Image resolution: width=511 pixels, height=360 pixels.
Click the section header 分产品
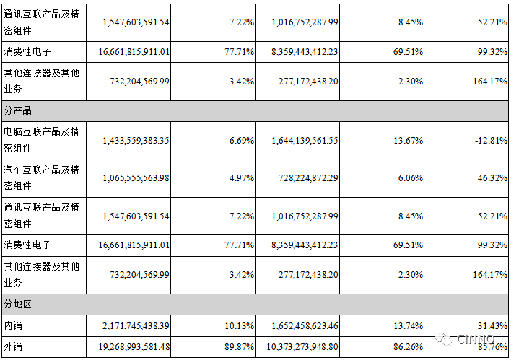(x=18, y=111)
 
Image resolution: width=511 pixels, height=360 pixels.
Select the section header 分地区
(x=18, y=304)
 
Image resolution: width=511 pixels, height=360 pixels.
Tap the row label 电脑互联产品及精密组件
(x=41, y=140)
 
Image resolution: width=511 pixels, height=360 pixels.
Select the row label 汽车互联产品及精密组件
(x=41, y=177)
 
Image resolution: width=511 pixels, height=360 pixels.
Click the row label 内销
(x=13, y=326)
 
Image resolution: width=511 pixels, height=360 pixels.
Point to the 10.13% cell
(x=239, y=326)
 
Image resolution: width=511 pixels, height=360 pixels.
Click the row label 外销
(x=13, y=347)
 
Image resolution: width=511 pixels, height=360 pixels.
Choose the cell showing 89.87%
(x=239, y=347)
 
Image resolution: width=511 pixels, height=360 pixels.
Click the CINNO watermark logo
(x=469, y=339)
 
